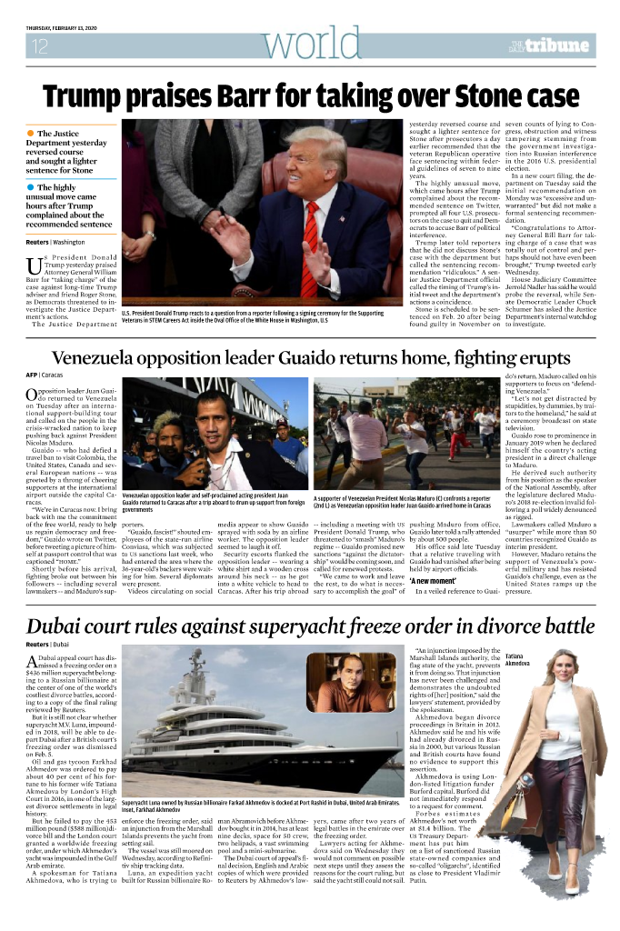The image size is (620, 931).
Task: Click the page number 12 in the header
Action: coord(39,47)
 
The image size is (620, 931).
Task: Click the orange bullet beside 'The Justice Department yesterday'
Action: coord(30,134)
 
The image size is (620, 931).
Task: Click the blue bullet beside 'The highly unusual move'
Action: coord(30,188)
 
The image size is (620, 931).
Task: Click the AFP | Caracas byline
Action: coord(45,375)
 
